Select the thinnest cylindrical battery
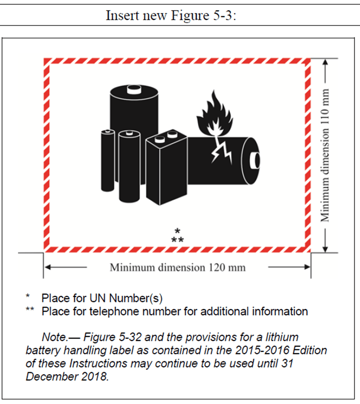coord(107,161)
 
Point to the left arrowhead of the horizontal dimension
coord(48,267)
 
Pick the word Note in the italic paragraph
coord(54,338)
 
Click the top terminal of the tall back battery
coord(133,89)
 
